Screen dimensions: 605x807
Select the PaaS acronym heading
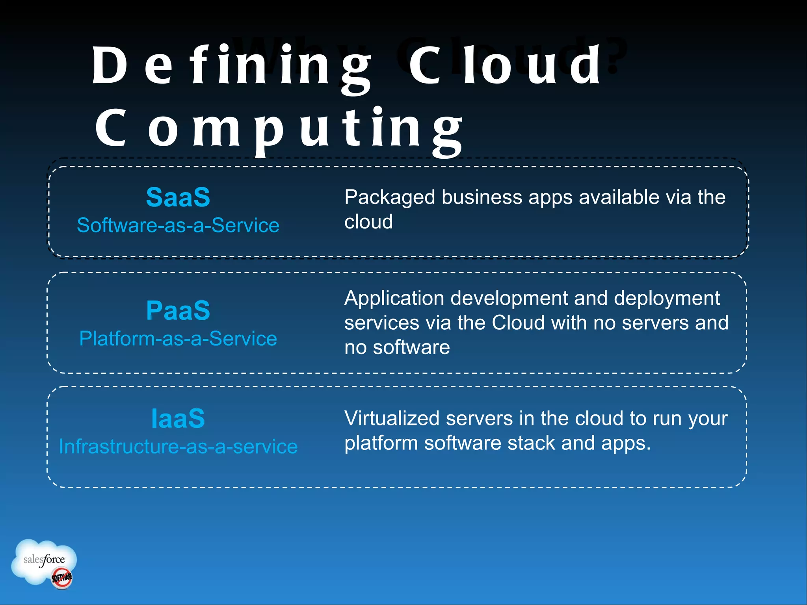pos(178,310)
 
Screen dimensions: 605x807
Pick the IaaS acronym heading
pos(178,418)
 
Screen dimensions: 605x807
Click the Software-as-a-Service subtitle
pos(178,225)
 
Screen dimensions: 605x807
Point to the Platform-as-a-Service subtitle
pos(178,339)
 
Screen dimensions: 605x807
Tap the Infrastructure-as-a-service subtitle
pos(178,447)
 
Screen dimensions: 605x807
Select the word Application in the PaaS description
pos(394,298)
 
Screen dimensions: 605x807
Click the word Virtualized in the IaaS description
pos(392,418)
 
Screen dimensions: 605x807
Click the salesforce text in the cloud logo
pos(44,559)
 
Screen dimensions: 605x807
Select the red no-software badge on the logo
pos(62,578)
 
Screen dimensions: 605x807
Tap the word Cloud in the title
pos(504,66)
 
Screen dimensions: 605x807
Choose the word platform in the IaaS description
pos(381,444)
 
